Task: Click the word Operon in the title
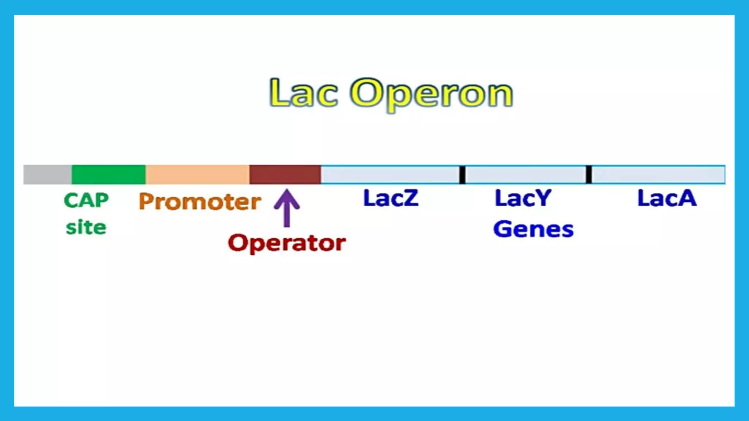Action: click(432, 94)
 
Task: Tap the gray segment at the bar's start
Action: click(47, 175)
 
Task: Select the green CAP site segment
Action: click(108, 175)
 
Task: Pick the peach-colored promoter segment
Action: click(197, 175)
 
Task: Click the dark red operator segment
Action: click(285, 175)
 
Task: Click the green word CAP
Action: click(86, 200)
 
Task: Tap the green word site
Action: click(86, 227)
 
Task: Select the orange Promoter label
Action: click(200, 201)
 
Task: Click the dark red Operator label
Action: click(287, 243)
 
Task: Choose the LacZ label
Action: click(391, 198)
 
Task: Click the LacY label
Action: click(523, 198)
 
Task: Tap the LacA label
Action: click(667, 198)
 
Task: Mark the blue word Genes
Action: click(533, 229)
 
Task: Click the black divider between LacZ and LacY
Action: click(462, 175)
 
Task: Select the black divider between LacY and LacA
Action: click(589, 175)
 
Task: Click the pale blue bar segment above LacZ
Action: click(390, 175)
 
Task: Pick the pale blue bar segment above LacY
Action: click(526, 175)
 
